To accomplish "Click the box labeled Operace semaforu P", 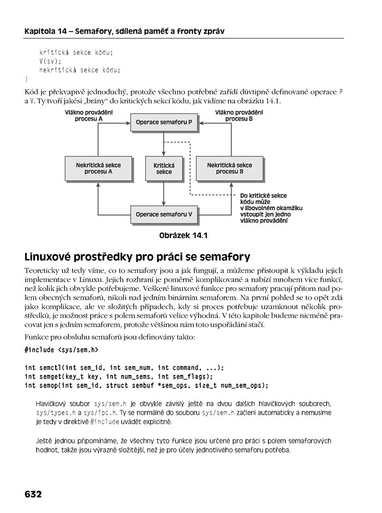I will tap(164, 122).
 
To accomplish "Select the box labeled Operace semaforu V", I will tap(164, 214).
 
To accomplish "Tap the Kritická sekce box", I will tap(164, 168).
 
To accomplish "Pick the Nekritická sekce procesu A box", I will tap(98, 168).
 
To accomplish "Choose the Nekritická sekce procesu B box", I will tap(229, 168).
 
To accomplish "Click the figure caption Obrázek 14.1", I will tap(183, 236).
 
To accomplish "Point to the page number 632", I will tap(33, 494).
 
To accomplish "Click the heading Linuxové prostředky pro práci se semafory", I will tap(137, 256).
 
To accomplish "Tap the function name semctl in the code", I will tap(51, 367).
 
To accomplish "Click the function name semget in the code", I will tap(51, 377).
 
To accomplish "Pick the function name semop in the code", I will tap(49, 386).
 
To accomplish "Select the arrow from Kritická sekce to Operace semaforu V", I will tap(164, 193).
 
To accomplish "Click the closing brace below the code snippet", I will tap(26, 79).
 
